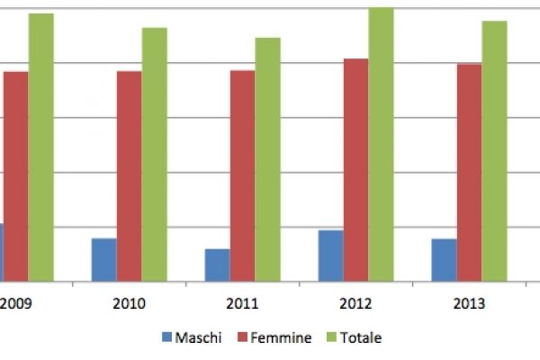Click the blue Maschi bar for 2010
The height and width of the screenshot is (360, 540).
(103, 259)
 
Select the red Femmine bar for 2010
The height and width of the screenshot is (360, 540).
(129, 175)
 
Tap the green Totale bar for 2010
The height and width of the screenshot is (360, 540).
(154, 154)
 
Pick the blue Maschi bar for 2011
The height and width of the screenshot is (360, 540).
(217, 265)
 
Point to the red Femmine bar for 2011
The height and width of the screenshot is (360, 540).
(242, 175)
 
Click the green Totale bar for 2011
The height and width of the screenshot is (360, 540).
(267, 159)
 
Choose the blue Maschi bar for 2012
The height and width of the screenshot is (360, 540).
(330, 256)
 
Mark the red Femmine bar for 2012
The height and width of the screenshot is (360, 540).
(355, 169)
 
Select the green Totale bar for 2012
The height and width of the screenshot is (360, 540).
(381, 144)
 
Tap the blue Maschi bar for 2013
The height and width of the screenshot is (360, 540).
(444, 259)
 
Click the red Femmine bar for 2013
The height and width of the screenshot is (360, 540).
(469, 172)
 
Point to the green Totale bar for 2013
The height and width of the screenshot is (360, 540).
(494, 150)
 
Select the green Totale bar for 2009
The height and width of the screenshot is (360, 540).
(40, 147)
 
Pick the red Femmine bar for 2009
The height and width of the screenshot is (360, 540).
(15, 175)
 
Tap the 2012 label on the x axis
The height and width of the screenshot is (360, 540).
(355, 303)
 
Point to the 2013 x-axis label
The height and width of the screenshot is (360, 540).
(469, 303)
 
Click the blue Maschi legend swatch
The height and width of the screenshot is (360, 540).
(166, 338)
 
